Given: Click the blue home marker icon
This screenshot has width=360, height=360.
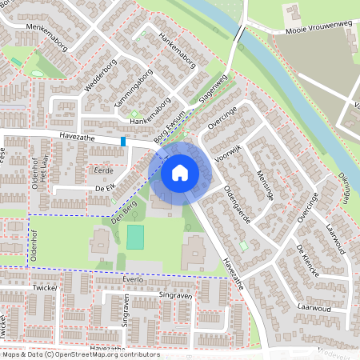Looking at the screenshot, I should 180,172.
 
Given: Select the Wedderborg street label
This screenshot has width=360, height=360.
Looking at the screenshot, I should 99,75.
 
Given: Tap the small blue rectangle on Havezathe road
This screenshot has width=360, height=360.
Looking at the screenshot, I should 123,142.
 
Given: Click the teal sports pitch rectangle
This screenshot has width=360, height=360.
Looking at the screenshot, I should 136,237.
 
